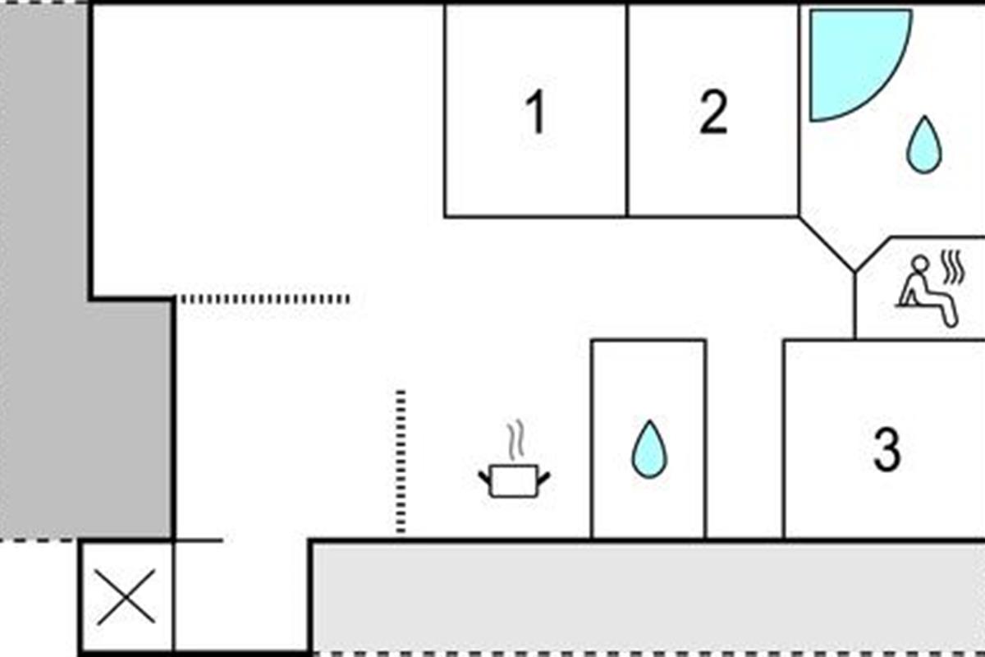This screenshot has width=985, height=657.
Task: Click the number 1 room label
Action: [536, 112]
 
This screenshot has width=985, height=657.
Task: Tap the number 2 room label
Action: [713, 112]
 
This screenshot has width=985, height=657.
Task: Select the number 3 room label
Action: [887, 450]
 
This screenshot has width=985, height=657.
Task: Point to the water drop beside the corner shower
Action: [924, 145]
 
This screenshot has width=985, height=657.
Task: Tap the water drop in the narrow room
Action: [649, 449]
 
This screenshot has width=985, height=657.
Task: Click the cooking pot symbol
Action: [514, 480]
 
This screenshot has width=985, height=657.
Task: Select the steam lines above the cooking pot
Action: [515, 440]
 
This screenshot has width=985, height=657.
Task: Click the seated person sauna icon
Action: [927, 292]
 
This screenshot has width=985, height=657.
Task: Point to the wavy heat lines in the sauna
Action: [952, 267]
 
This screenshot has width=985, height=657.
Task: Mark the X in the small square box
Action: [126, 597]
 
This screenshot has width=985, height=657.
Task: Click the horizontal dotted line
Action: [266, 299]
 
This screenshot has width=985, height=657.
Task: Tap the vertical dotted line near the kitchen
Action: [401, 462]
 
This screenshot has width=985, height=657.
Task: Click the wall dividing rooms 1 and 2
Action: [627, 110]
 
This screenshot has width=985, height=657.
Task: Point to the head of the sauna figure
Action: [919, 264]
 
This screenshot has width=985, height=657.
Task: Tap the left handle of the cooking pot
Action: [484, 477]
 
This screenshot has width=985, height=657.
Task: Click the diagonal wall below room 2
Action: [827, 244]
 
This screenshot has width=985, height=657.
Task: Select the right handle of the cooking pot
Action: [544, 477]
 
